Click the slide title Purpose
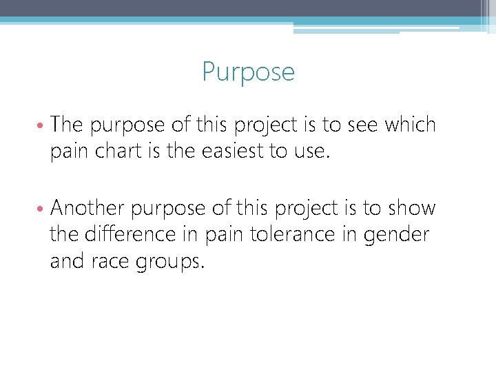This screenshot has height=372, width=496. pos(248,72)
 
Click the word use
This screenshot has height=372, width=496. pos(313,152)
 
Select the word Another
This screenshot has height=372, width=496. pos(87,208)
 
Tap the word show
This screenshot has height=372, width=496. pos(412,208)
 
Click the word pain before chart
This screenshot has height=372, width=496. pos(67,152)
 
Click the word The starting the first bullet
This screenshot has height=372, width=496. pos(68,125)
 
